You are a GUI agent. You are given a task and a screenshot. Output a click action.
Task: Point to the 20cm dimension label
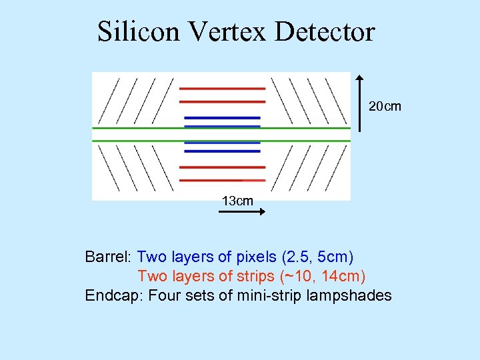click(385, 106)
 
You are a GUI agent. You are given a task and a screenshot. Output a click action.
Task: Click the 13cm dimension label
click(237, 200)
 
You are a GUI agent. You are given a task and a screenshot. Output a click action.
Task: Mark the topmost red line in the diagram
click(223, 89)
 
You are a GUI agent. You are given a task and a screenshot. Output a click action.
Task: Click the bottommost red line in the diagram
click(223, 179)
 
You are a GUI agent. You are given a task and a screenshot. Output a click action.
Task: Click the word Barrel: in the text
click(109, 257)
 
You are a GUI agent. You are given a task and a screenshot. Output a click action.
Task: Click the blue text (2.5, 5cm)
click(317, 257)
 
